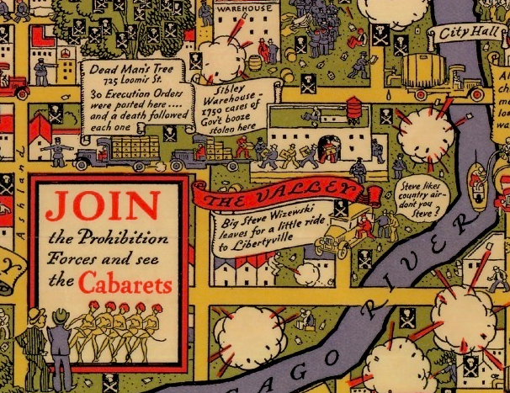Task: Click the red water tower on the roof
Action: tap(355, 108)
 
